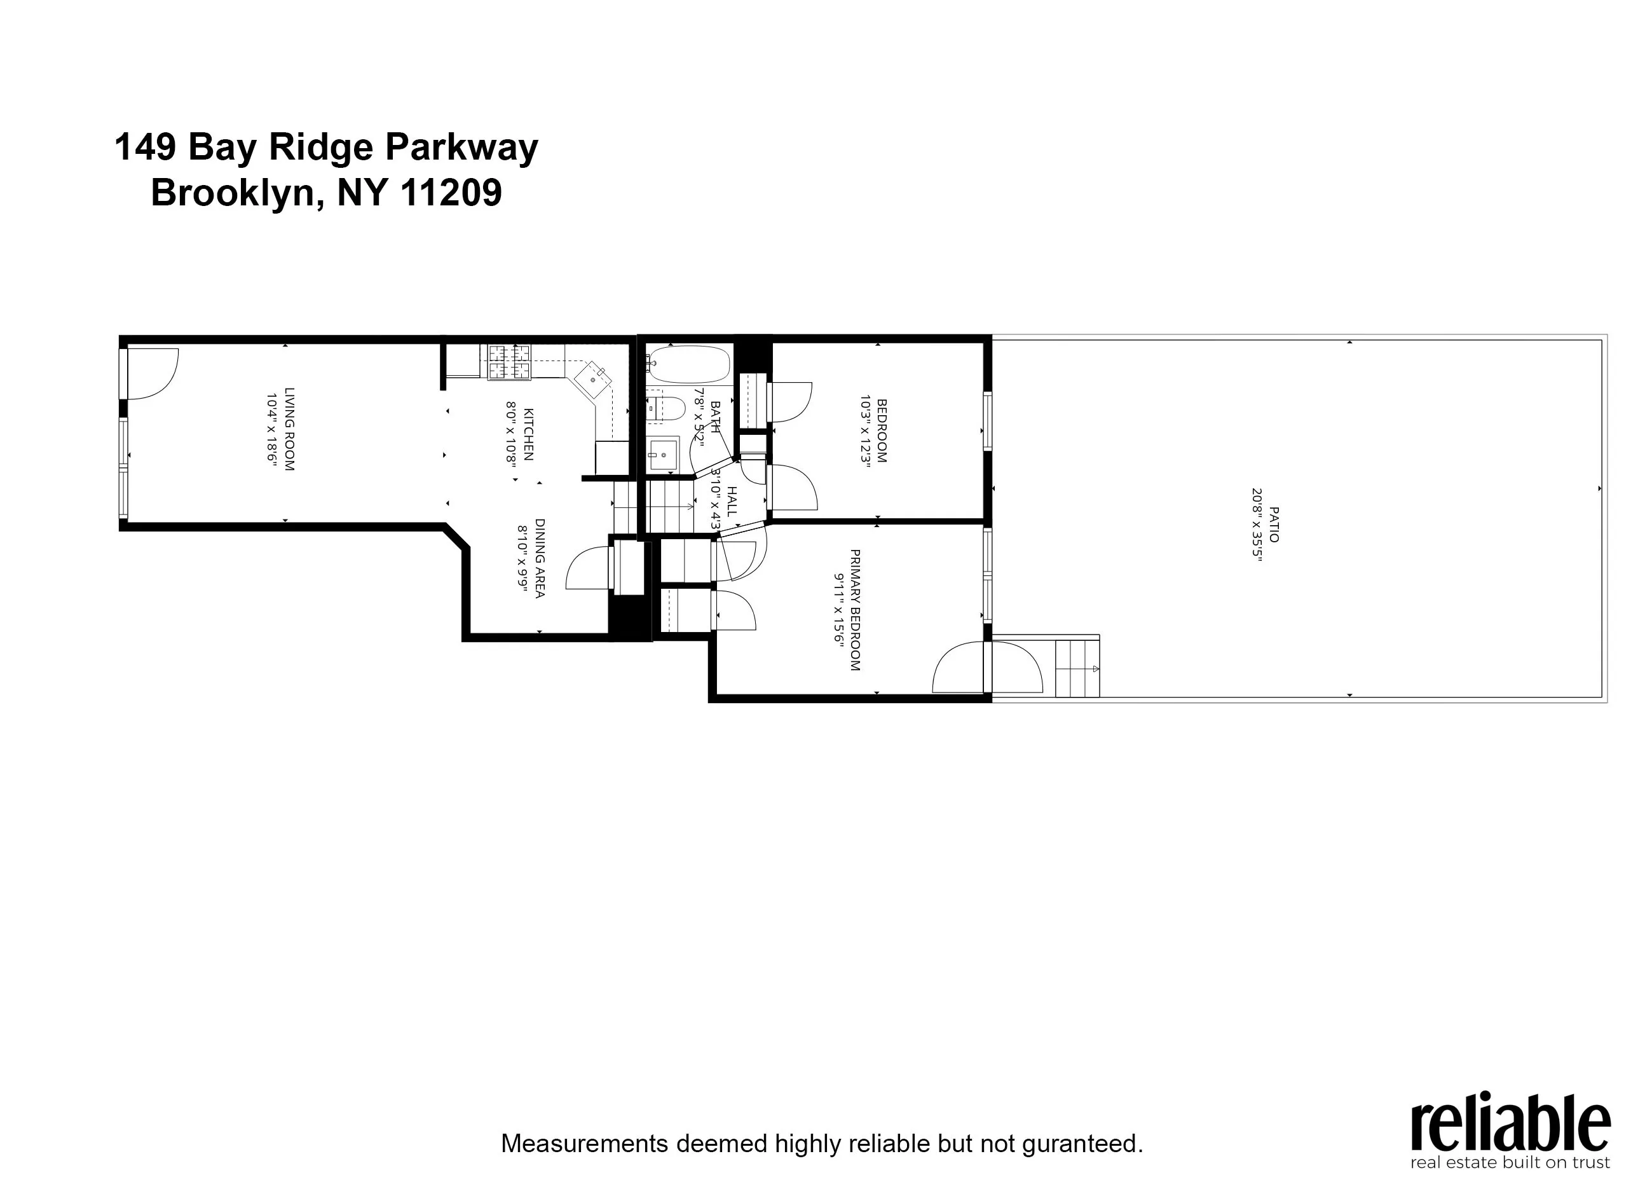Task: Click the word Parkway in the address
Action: click(461, 148)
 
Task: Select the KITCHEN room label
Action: click(528, 434)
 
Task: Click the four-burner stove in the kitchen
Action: click(509, 362)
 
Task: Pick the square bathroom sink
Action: click(661, 455)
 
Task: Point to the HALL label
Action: click(732, 501)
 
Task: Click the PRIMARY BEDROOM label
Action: click(855, 609)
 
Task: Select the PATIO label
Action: click(1274, 525)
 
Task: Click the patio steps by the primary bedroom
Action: click(1077, 668)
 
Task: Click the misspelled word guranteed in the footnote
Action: click(1082, 1144)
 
